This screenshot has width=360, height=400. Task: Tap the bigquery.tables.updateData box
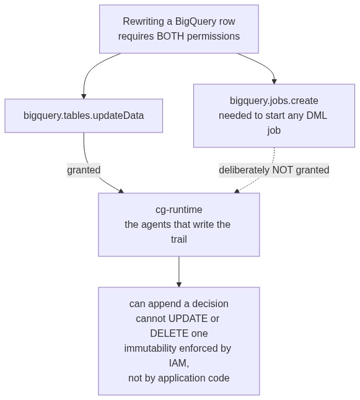click(84, 116)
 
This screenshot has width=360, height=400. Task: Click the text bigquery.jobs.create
click(274, 101)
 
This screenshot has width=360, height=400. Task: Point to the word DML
click(317, 116)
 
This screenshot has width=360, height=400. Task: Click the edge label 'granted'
click(84, 170)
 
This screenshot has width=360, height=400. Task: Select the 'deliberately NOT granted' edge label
click(274, 170)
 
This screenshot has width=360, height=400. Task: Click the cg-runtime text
click(179, 210)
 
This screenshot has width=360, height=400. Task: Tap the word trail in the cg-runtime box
click(179, 239)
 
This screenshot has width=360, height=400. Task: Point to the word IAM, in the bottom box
click(179, 363)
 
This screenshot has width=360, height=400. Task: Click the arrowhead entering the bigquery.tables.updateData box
click(84, 97)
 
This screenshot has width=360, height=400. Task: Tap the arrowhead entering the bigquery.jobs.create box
click(274, 81)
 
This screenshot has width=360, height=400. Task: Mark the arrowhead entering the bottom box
click(179, 285)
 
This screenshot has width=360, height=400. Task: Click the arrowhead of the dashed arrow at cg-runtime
click(237, 191)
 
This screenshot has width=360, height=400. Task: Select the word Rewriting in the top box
click(143, 22)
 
